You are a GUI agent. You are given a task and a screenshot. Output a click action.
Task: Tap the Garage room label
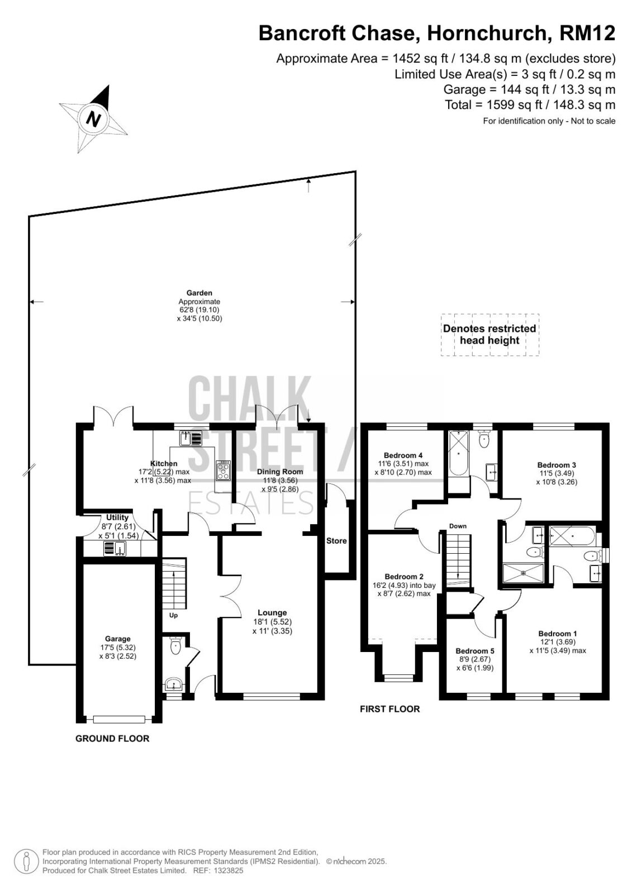(x=118, y=639)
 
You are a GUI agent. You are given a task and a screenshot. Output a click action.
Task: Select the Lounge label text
(x=272, y=612)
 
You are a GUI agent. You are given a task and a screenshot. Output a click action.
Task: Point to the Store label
(x=336, y=541)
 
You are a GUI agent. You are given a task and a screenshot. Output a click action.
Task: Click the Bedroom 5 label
(x=475, y=651)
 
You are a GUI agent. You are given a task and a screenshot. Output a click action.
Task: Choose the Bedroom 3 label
(x=557, y=465)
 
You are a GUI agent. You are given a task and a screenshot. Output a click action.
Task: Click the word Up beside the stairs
(x=173, y=615)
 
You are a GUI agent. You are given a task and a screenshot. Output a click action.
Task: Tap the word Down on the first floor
(x=458, y=526)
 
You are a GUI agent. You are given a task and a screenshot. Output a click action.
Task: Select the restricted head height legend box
(x=490, y=335)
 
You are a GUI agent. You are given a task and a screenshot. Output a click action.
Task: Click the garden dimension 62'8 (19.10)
(x=199, y=310)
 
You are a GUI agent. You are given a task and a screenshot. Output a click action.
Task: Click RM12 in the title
(x=587, y=33)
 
